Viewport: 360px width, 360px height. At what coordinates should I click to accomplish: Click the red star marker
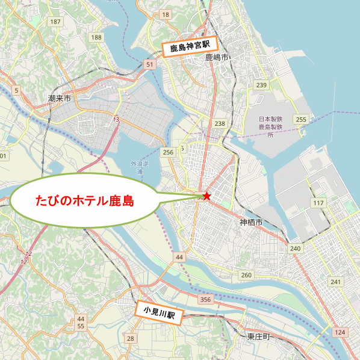tap(207, 196)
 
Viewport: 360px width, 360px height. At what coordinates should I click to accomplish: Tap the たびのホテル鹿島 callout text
tap(84, 200)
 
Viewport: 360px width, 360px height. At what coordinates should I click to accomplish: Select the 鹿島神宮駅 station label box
tap(188, 47)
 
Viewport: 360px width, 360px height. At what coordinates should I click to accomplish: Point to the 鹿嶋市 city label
tap(217, 58)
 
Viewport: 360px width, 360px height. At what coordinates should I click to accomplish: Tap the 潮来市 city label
tap(59, 98)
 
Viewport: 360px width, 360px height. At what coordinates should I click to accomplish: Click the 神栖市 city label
tap(250, 223)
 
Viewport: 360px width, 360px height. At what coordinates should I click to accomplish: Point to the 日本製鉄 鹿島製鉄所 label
tap(270, 127)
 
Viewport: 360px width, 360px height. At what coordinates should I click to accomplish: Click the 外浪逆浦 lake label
tap(138, 167)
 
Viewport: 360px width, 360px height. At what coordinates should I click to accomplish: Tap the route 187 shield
tap(56, 22)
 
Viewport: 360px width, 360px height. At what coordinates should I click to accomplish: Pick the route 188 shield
tap(96, 37)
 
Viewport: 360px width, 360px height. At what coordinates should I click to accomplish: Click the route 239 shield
tap(261, 85)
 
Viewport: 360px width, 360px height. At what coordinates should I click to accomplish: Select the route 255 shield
tap(301, 119)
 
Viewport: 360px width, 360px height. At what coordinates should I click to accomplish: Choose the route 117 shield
tap(318, 203)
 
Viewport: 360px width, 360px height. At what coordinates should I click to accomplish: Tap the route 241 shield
tap(335, 282)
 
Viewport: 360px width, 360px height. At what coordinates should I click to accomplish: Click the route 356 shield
tap(205, 300)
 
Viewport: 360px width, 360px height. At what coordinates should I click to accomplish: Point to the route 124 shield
tap(340, 332)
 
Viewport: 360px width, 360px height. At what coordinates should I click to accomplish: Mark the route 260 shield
tap(246, 275)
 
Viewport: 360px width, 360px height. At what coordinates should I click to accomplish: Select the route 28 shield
tap(130, 339)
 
